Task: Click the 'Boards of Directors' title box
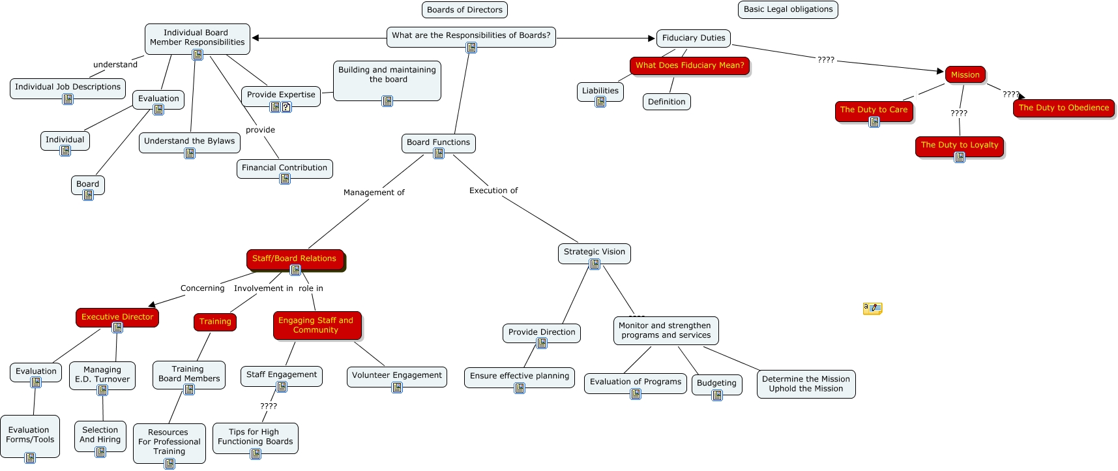[x=465, y=10]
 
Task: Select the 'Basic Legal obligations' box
[x=787, y=10]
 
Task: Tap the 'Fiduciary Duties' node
[x=693, y=38]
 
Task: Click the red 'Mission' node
[x=965, y=75]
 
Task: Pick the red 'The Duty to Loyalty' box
[x=959, y=145]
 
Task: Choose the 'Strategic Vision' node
[x=594, y=252]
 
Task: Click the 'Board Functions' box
[x=438, y=143]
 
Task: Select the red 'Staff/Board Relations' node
[x=295, y=259]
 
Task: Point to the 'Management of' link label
[x=374, y=192]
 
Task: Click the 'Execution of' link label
[x=493, y=190]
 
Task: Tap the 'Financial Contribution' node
[x=284, y=168]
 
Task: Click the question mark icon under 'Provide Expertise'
[x=286, y=107]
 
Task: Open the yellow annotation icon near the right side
[x=872, y=308]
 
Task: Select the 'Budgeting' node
[x=716, y=384]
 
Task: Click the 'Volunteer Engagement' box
[x=396, y=376]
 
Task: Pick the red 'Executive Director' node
[x=117, y=317]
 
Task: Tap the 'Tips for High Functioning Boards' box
[x=255, y=437]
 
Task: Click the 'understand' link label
[x=115, y=65]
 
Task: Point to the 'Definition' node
[x=666, y=102]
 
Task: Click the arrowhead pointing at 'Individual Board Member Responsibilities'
[x=256, y=38]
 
